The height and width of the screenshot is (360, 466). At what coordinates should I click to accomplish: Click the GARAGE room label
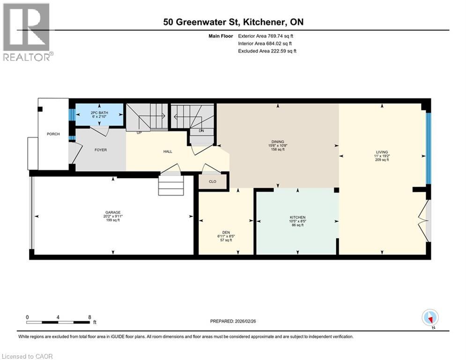[112, 212]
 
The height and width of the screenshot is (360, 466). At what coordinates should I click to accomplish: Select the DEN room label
[226, 232]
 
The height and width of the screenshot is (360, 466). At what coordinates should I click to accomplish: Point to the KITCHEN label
[297, 217]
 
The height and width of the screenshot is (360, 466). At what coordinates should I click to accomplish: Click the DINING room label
[278, 142]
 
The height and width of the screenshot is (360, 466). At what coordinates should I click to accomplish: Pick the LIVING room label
[382, 152]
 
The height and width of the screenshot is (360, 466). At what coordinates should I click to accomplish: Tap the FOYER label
[101, 150]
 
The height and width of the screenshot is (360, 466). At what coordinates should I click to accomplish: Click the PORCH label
[53, 134]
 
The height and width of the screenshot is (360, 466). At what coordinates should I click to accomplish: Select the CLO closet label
[213, 181]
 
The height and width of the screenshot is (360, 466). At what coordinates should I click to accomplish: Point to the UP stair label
[139, 133]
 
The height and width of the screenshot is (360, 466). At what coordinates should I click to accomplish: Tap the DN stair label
[201, 131]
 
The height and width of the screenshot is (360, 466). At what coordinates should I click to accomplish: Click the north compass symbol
[429, 317]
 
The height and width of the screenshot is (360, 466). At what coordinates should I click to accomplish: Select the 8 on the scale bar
[89, 317]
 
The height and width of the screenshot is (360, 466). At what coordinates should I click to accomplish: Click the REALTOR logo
[28, 32]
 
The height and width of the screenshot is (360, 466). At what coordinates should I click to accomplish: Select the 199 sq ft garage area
[112, 220]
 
